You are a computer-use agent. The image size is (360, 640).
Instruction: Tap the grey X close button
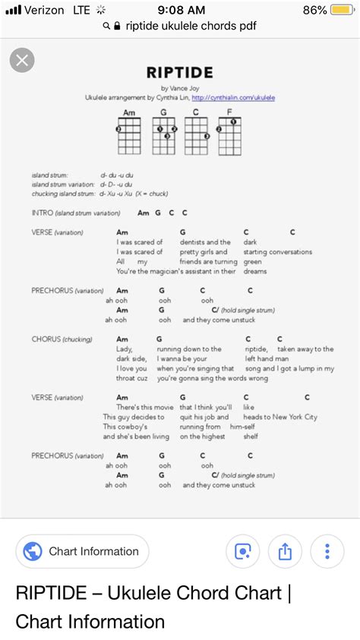tap(24, 62)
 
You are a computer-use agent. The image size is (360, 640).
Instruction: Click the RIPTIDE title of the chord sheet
tap(179, 73)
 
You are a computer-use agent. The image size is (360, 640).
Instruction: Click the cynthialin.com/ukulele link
tap(233, 98)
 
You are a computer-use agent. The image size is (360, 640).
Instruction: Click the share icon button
tap(285, 552)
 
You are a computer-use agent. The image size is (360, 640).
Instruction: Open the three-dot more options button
tap(327, 552)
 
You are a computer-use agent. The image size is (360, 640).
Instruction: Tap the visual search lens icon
tap(243, 552)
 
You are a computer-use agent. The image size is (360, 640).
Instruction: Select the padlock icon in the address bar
tap(117, 26)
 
